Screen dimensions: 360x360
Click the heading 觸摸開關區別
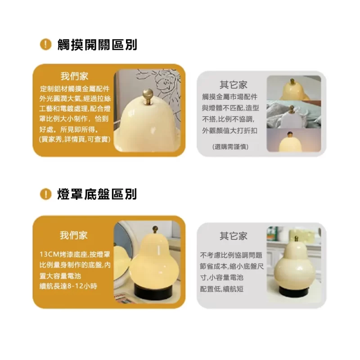coord(97,45)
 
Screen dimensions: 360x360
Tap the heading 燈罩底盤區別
coord(97,194)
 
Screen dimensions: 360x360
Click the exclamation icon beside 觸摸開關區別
coord(45,44)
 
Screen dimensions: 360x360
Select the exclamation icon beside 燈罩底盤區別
coord(45,194)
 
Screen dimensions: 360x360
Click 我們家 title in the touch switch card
coord(74,76)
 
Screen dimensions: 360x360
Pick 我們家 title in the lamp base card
coord(74,235)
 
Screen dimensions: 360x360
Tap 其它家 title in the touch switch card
coord(234,85)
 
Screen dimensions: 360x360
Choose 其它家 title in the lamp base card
coord(234,236)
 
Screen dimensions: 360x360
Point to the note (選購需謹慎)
coord(230,147)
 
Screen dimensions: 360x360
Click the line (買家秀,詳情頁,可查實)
coord(75,139)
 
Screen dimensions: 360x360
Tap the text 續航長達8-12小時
coord(68,286)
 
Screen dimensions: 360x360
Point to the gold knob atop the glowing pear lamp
coord(155,229)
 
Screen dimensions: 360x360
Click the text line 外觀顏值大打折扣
coord(229,130)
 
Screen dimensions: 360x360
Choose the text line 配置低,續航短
coord(221,289)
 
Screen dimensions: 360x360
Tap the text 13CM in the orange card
coord(49,254)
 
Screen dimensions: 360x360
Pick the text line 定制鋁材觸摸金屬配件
coord(75,89)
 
